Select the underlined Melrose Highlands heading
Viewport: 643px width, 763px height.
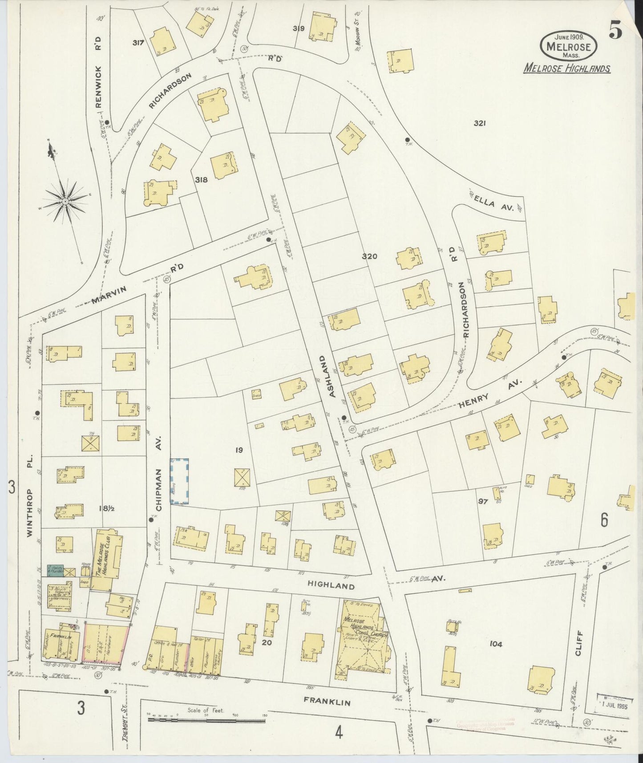pos(566,69)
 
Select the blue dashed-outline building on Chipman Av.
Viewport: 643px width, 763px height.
pos(180,482)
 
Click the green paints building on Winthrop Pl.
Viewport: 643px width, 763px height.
pos(56,570)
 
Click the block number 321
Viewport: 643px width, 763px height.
pos(479,124)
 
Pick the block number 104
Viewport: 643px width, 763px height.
pos(495,644)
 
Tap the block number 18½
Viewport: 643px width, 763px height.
pos(107,508)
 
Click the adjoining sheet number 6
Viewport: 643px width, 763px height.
pos(604,520)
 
